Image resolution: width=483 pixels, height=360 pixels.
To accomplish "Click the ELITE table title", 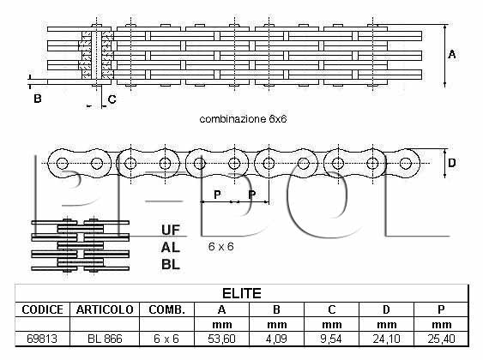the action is coord(242,293).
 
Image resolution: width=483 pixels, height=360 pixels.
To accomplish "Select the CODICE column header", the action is coord(43,309).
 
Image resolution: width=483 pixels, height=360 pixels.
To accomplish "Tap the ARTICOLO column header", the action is coord(105,309).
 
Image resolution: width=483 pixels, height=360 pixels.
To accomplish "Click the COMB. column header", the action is coord(166,309).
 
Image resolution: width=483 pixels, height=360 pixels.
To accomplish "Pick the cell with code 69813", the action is coord(42,339).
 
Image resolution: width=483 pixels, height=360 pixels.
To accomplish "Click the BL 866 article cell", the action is coord(105,339).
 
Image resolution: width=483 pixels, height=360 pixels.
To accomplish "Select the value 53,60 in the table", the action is coord(221,339).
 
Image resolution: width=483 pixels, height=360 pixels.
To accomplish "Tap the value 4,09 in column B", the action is coord(276,339).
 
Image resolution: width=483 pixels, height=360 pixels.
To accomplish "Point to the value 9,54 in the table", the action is coord(331,339).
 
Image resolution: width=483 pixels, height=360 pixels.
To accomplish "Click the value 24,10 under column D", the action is coord(386,339).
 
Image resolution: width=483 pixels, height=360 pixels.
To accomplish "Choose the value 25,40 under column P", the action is coord(441,339).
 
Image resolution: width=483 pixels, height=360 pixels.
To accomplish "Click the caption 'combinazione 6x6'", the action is coord(243,119).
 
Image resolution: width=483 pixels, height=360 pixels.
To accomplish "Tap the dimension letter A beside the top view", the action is coord(452,55).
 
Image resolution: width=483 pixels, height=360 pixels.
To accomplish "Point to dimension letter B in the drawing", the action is coord(37,99).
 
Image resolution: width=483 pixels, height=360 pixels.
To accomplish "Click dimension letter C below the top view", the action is coord(112,99).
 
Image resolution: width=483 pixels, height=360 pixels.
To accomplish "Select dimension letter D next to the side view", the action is coord(452,163).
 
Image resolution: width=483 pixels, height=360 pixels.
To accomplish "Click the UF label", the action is coord(171,230).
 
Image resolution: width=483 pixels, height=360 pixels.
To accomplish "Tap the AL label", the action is coord(171,247).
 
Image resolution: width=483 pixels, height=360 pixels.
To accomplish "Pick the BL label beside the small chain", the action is coord(171,264).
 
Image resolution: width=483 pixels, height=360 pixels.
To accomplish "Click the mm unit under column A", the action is coord(222,325).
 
